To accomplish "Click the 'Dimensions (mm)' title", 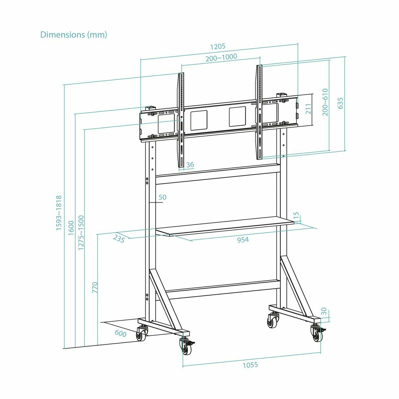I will click(x=73, y=35).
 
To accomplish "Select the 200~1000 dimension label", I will click(x=221, y=57).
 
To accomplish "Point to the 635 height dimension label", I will click(x=340, y=103).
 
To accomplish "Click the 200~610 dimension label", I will click(x=325, y=102).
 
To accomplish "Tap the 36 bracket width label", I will click(x=190, y=165).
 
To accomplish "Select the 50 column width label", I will click(x=162, y=197).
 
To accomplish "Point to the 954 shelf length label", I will click(x=243, y=239).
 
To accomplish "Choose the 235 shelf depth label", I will click(x=119, y=238).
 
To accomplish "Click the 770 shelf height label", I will click(x=95, y=287).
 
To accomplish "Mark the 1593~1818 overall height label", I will click(x=59, y=213).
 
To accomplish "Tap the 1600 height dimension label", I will click(x=71, y=228).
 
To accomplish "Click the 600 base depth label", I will click(x=120, y=333).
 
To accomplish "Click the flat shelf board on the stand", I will click(x=226, y=226).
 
